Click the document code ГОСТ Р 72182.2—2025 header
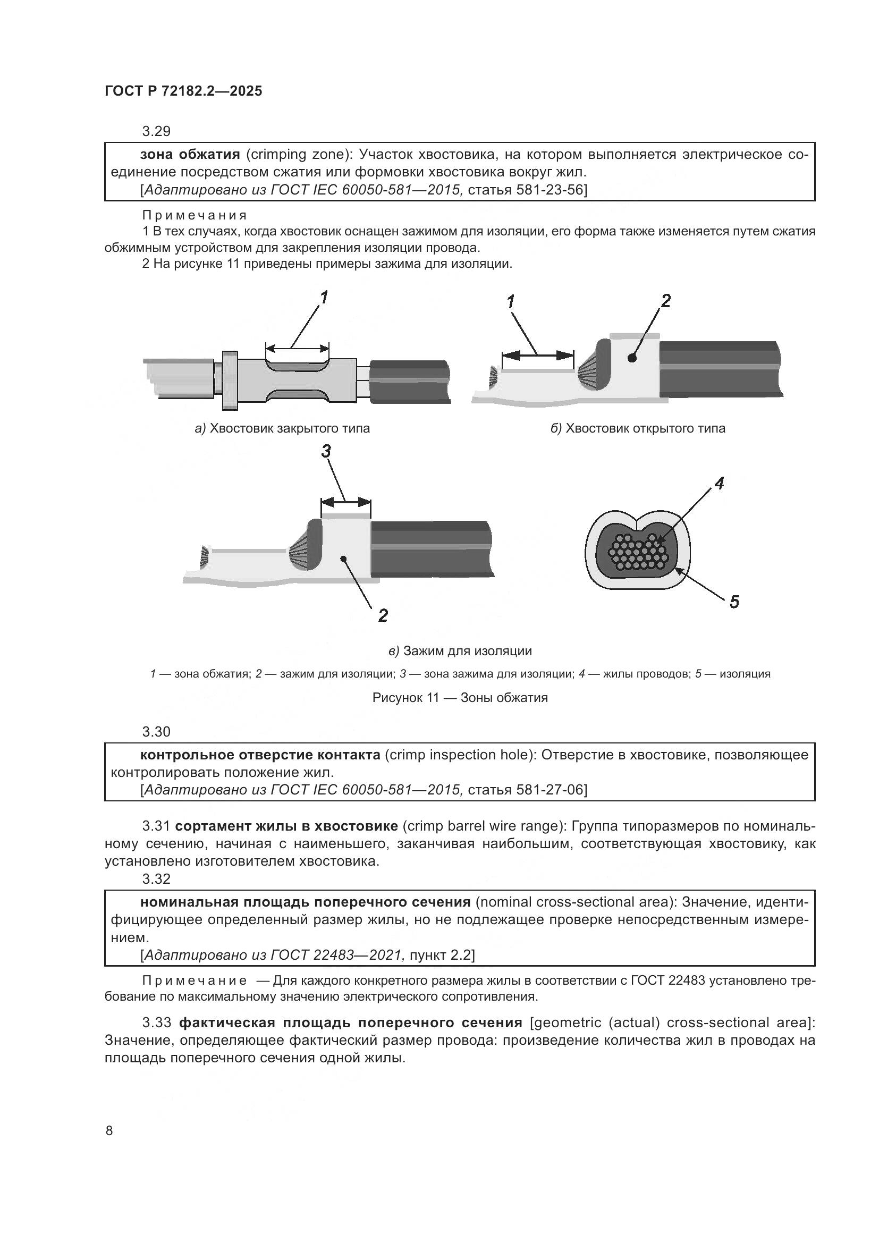(183, 91)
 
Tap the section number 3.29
(156, 131)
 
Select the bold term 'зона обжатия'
(189, 155)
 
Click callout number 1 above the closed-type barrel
(324, 297)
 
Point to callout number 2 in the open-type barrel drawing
(665, 301)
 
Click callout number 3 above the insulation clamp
(326, 451)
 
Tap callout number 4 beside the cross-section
(719, 484)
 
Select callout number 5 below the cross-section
(734, 602)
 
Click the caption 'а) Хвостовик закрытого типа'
(282, 429)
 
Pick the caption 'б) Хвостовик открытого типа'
(638, 429)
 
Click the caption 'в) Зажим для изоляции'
(460, 651)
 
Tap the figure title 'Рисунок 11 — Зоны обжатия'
(460, 698)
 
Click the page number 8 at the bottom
(109, 1131)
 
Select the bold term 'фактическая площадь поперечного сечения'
(350, 1022)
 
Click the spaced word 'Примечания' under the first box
(195, 215)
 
